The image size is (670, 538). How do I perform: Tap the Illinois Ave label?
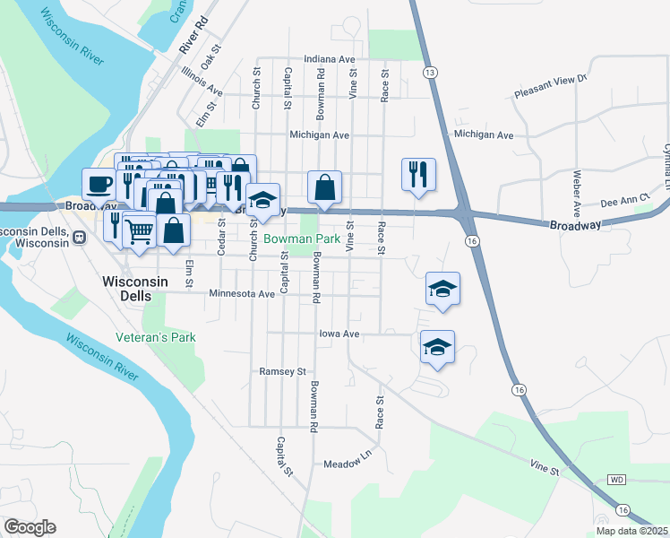[202, 81]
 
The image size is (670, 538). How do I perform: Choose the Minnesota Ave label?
[241, 293]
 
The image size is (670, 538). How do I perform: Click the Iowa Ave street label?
[339, 334]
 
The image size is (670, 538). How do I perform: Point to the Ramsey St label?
[282, 371]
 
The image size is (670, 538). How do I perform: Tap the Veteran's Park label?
[156, 338]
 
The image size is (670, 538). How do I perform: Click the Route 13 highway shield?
[431, 71]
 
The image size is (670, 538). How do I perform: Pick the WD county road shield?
[616, 480]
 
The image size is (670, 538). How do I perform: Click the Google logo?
[30, 527]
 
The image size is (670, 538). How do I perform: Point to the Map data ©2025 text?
[631, 531]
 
